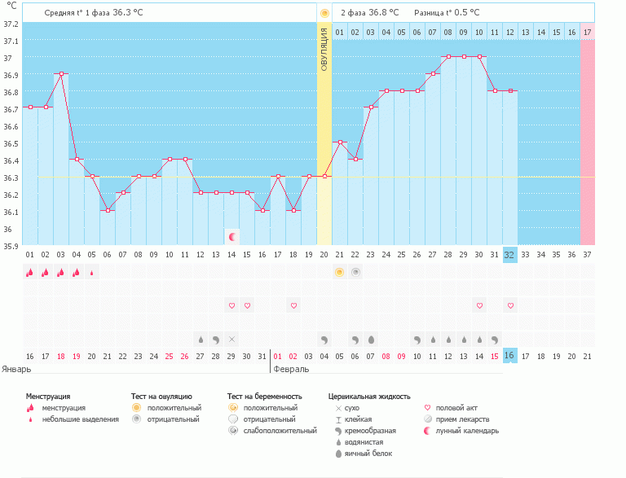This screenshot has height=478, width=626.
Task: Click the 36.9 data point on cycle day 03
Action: [x=61, y=73]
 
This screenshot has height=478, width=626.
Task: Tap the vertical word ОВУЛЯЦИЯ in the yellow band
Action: [x=324, y=50]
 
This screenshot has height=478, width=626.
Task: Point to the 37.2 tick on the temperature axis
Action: [x=11, y=24]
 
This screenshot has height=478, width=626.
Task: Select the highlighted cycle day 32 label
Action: [x=510, y=254]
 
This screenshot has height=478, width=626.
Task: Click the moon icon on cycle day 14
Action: [x=232, y=236]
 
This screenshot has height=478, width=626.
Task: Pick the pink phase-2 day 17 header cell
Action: [x=587, y=32]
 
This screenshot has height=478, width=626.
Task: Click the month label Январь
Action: [x=16, y=369]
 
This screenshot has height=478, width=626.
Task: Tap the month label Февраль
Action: [x=291, y=369]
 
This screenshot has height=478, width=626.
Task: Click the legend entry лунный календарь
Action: [x=467, y=431]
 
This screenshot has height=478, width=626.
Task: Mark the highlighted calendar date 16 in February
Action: [x=510, y=356]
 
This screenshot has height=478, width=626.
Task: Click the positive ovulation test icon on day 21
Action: [x=340, y=272]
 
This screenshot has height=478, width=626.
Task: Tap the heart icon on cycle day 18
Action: [x=293, y=305]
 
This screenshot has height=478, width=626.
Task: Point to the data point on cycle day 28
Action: [x=448, y=57]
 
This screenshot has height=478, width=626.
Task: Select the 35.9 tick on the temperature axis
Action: [x=11, y=245]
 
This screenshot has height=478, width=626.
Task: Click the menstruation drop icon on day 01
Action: [x=30, y=272]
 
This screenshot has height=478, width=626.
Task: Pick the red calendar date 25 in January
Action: [x=170, y=356]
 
